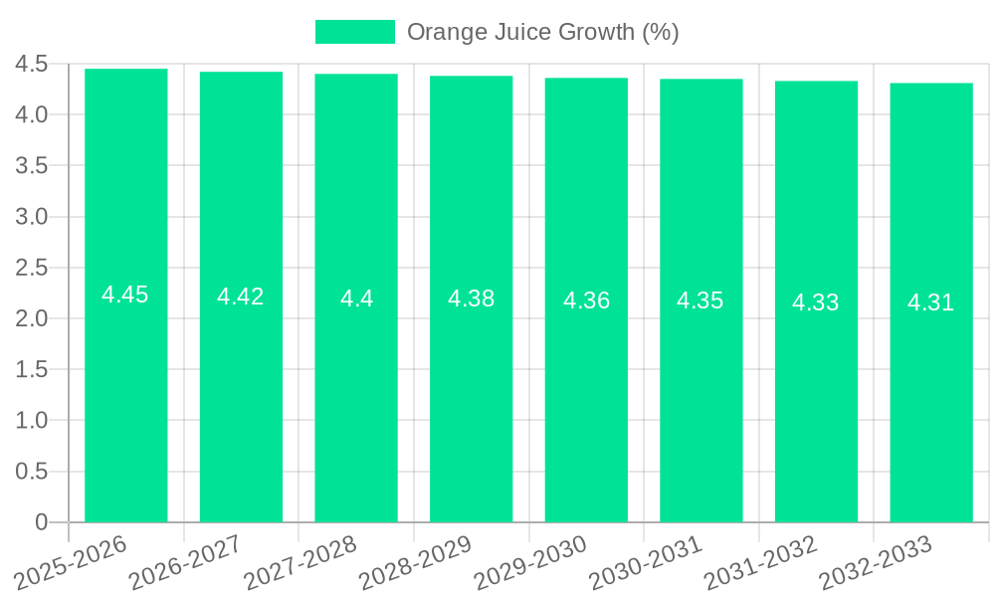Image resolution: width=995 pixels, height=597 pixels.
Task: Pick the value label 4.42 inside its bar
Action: point(241,297)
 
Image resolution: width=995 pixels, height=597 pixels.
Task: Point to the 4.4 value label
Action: point(356,298)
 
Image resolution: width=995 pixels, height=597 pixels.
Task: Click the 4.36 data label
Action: point(586,300)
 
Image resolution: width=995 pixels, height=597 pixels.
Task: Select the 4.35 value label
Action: point(700,300)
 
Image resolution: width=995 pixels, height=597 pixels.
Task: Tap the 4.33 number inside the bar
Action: point(816,302)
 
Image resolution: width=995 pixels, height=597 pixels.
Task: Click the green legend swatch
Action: point(354,32)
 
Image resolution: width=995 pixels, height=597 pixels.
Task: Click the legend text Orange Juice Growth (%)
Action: point(543,32)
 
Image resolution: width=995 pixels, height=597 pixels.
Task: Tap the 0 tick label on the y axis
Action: point(41,522)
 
